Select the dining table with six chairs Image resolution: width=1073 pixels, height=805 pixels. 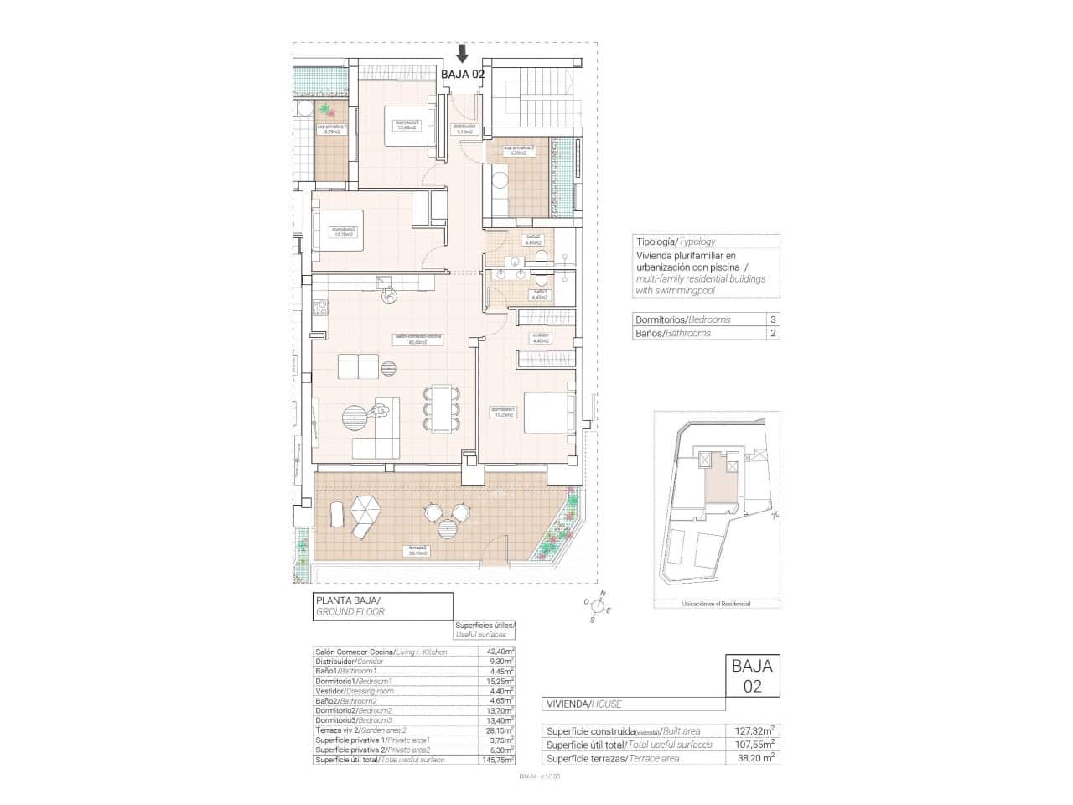pyautogui.click(x=440, y=409)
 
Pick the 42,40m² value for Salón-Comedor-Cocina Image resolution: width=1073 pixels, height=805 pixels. pyautogui.click(x=500, y=651)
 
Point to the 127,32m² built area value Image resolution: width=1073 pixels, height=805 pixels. pyautogui.click(x=760, y=730)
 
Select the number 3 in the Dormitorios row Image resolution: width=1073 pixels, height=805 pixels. pyautogui.click(x=772, y=319)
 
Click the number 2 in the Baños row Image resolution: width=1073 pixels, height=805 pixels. pyautogui.click(x=772, y=333)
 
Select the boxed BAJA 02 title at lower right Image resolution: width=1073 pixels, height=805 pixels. pyautogui.click(x=751, y=676)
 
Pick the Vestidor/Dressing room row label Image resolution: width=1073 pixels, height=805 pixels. pyautogui.click(x=352, y=691)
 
